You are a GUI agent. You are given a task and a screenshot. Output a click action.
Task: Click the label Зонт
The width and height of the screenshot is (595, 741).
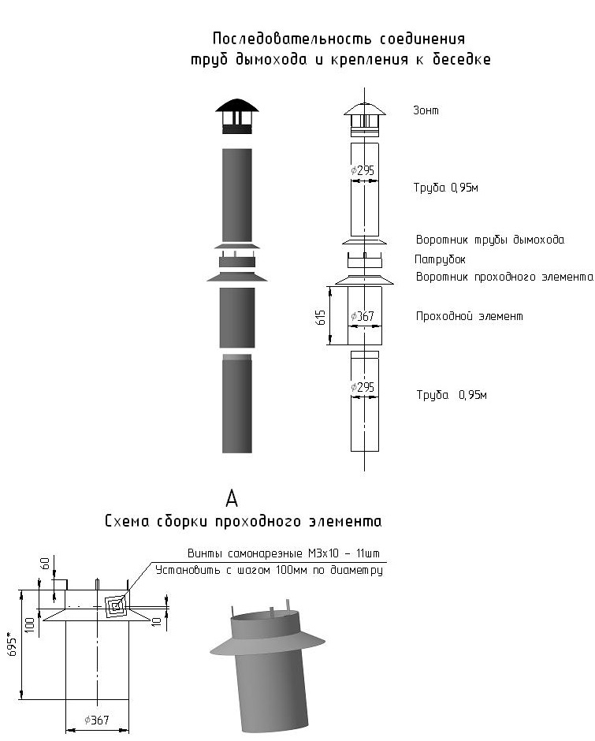pyautogui.click(x=426, y=111)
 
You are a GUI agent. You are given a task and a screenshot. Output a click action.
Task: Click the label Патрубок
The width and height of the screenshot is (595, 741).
pyautogui.click(x=440, y=259)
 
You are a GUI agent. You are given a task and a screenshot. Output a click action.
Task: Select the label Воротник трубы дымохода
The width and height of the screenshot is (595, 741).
pyautogui.click(x=489, y=240)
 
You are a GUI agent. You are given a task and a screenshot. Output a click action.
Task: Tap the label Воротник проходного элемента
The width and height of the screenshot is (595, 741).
pyautogui.click(x=504, y=277)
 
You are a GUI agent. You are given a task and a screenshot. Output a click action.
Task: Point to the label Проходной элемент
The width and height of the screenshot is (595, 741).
pyautogui.click(x=469, y=316)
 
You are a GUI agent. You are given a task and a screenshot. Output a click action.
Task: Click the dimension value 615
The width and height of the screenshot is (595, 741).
pyautogui.click(x=321, y=315)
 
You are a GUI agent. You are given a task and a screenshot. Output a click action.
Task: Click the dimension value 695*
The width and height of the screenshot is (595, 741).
pyautogui.click(x=12, y=644)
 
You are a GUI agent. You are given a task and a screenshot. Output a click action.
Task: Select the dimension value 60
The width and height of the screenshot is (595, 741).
pyautogui.click(x=45, y=564)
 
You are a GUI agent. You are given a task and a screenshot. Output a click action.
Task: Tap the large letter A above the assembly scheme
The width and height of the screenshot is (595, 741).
pyautogui.click(x=232, y=497)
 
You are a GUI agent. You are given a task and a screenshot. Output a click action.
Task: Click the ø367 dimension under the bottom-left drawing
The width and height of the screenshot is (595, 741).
pyautogui.click(x=96, y=719)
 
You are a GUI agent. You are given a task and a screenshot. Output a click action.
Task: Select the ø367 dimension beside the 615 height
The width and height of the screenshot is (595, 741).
pyautogui.click(x=363, y=317)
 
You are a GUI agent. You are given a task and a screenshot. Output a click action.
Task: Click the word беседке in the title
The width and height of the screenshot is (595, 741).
pyautogui.click(x=460, y=60)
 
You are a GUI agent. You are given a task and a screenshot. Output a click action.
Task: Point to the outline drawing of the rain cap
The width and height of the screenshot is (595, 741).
pyautogui.click(x=363, y=118)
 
